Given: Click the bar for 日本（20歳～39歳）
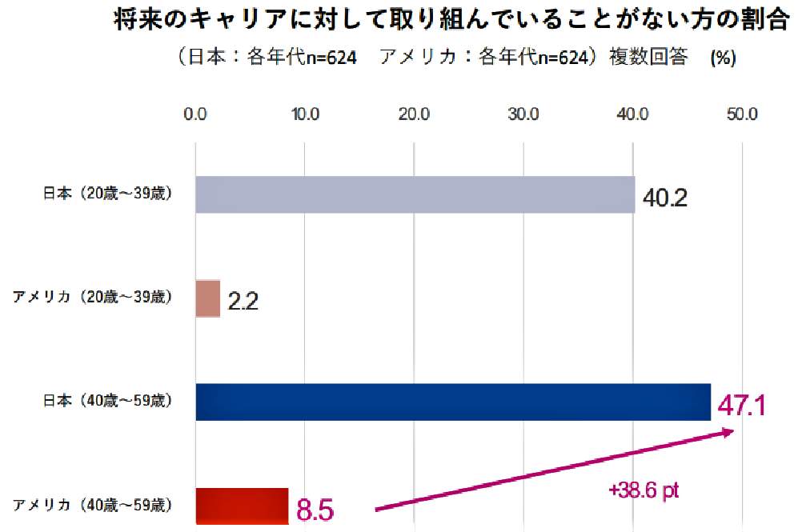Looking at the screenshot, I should pyautogui.click(x=415, y=194).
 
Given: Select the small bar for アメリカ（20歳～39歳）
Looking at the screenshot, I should pyautogui.click(x=207, y=298).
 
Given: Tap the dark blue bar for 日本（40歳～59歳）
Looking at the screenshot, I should pyautogui.click(x=452, y=402).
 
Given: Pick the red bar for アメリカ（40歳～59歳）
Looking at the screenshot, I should pyautogui.click(x=241, y=506).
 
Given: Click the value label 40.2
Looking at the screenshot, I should pyautogui.click(x=665, y=198).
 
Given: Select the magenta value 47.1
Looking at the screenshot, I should pyautogui.click(x=741, y=405).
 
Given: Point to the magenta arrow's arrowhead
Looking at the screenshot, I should pyautogui.click(x=730, y=433).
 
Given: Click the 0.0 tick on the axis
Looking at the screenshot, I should pyautogui.click(x=195, y=114).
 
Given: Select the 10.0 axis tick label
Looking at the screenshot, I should pyautogui.click(x=305, y=114).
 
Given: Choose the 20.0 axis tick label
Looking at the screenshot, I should pyautogui.click(x=415, y=114).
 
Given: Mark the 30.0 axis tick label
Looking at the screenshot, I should pyautogui.click(x=523, y=114).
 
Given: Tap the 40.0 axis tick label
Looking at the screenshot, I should pyautogui.click(x=633, y=114).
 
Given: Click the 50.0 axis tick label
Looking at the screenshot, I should pyautogui.click(x=742, y=114).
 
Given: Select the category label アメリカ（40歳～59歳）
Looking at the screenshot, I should pyautogui.click(x=91, y=505).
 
